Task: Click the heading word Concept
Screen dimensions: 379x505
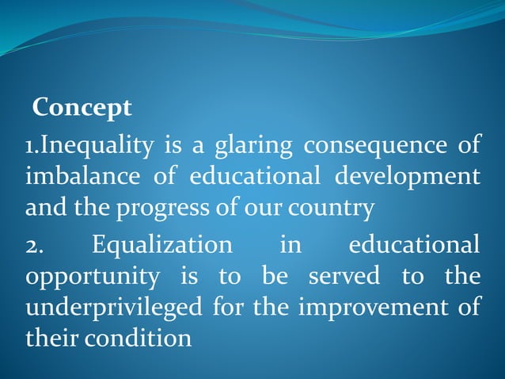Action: [x=82, y=107]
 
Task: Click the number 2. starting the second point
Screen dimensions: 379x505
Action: [x=35, y=245]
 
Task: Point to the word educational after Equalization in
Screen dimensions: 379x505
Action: [x=414, y=245]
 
